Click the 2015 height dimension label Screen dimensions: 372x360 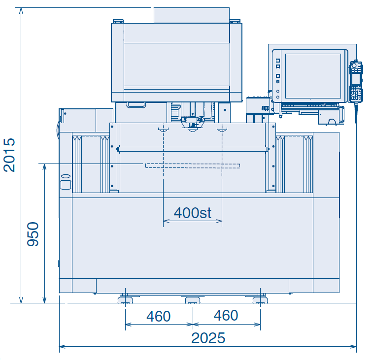(x=9, y=155)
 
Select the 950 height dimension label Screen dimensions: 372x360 (x=33, y=234)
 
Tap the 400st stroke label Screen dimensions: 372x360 (x=193, y=213)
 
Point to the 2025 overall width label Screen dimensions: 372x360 (x=208, y=338)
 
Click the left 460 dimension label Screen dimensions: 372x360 (x=158, y=316)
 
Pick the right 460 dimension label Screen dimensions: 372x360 (x=226, y=315)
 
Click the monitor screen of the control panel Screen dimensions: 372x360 (x=313, y=76)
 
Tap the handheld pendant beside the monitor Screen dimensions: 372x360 (x=356, y=82)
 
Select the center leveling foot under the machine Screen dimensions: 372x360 (x=193, y=299)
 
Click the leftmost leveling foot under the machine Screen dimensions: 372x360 (x=125, y=299)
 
